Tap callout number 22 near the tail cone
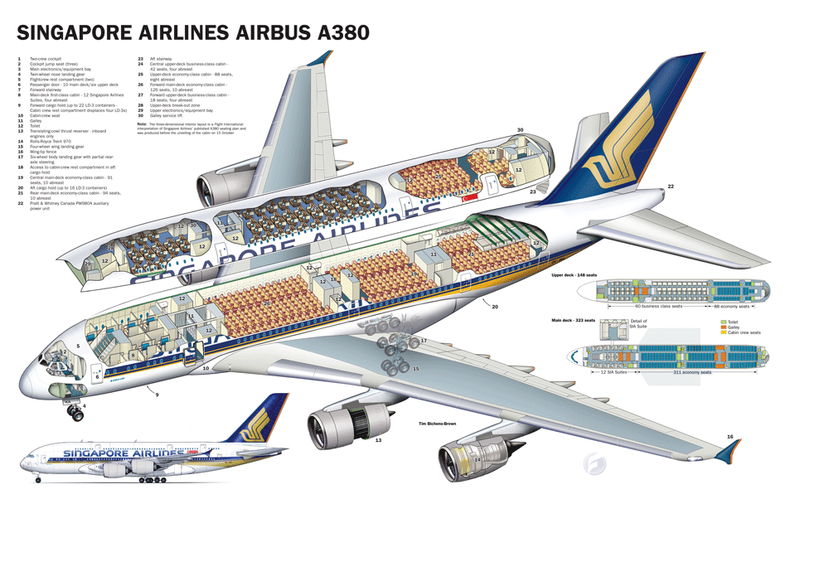click(671, 187)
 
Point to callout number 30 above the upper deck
click(520, 130)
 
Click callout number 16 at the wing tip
click(730, 436)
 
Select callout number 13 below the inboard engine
click(378, 440)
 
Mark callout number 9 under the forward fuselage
click(157, 395)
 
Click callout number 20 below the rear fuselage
click(495, 307)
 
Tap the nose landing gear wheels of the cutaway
click(75, 413)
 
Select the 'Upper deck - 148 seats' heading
click(576, 274)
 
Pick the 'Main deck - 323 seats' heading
click(574, 320)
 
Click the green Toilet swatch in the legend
click(724, 321)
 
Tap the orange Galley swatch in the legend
click(724, 327)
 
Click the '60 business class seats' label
click(658, 307)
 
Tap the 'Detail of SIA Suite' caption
click(639, 323)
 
